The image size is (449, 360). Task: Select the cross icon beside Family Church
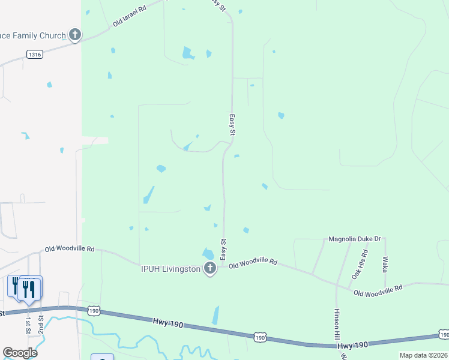74,35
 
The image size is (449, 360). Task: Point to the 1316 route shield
35,55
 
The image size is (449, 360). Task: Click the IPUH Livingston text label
171,269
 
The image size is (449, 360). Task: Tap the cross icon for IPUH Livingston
209,268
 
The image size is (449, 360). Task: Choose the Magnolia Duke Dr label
355,239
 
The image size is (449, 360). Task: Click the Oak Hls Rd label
359,265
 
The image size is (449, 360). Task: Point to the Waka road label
385,265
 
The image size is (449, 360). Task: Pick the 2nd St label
41,324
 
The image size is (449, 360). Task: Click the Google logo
20,353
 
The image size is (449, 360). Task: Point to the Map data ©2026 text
423,355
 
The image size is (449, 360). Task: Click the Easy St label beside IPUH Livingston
223,250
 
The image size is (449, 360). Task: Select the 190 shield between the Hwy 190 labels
259,338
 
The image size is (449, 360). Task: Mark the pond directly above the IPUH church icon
208,253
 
